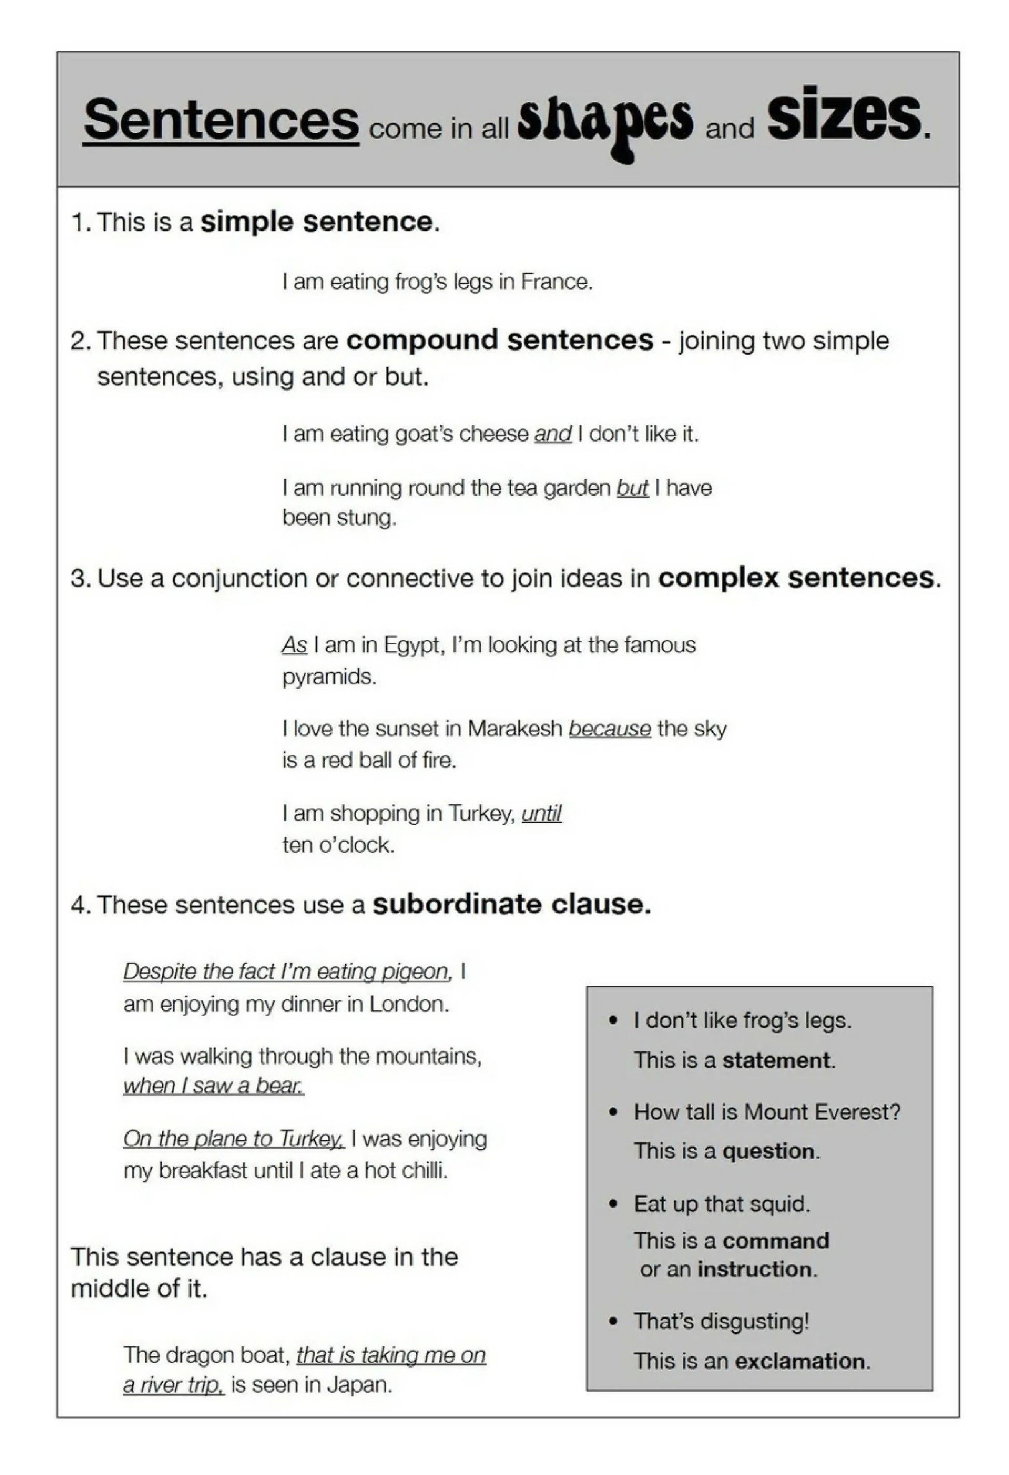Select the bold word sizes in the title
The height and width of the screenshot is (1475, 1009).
(844, 117)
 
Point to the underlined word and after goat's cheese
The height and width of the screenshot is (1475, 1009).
(553, 434)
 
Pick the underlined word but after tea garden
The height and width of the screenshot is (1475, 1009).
(632, 488)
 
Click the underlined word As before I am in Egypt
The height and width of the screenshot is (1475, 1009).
(295, 645)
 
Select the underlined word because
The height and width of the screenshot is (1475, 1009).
(609, 729)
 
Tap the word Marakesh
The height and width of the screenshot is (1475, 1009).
(515, 729)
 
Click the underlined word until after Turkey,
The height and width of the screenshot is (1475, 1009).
(541, 813)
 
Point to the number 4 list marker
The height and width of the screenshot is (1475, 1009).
(78, 905)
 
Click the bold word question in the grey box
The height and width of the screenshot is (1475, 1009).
(768, 1151)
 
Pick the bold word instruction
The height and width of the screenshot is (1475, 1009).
(754, 1270)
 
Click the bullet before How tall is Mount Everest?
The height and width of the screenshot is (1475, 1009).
(613, 1112)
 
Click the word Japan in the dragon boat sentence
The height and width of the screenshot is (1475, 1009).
(359, 1385)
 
